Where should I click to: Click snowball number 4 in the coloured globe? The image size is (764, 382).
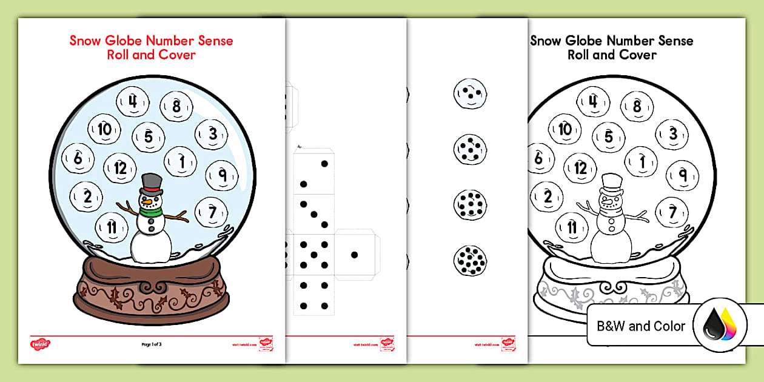click(133, 101)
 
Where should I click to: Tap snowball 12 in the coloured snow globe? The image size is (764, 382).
click(120, 168)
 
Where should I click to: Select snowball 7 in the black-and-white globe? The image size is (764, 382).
click(672, 212)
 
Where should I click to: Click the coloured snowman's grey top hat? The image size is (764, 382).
click(152, 183)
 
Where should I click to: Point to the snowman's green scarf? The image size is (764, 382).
click(151, 212)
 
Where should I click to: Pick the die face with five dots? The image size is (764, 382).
click(313, 255)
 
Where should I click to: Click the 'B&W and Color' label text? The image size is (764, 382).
click(641, 326)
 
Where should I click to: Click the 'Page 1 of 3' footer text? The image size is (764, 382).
click(151, 344)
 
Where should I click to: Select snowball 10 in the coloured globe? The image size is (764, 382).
click(104, 129)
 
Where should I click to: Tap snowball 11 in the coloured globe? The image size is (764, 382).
click(112, 227)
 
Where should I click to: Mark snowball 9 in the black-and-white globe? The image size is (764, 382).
click(682, 175)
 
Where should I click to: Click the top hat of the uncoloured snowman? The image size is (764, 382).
click(612, 182)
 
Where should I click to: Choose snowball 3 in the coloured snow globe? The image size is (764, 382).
click(212, 133)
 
